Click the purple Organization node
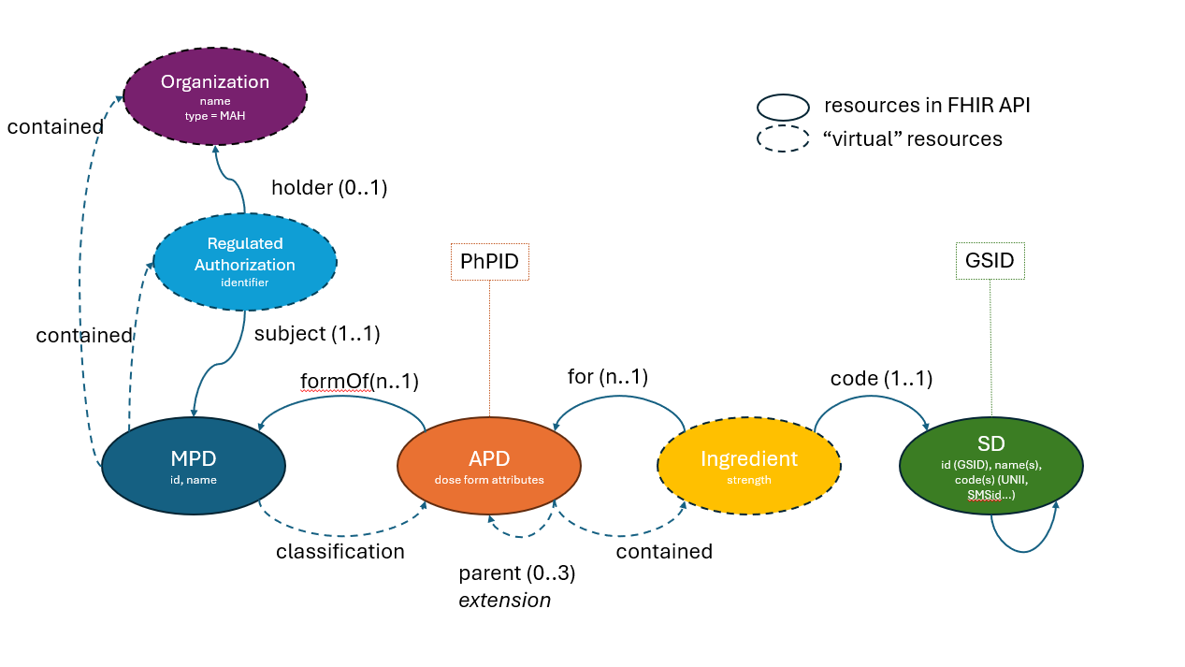tap(215, 95)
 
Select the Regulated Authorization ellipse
tap(244, 261)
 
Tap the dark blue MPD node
tap(193, 464)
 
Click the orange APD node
tap(488, 464)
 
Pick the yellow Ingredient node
tap(748, 464)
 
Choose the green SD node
tap(990, 465)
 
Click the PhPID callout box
tap(489, 261)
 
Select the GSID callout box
tap(990, 260)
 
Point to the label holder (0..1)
tap(329, 187)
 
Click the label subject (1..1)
tap(317, 332)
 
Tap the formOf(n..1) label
tap(359, 381)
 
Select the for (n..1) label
tap(608, 376)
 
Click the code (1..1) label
tap(881, 379)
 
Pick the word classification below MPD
tap(340, 551)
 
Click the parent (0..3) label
tap(516, 573)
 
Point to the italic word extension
tap(504, 601)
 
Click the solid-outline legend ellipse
tap(783, 107)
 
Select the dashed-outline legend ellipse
tap(783, 138)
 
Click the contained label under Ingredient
tap(664, 551)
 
